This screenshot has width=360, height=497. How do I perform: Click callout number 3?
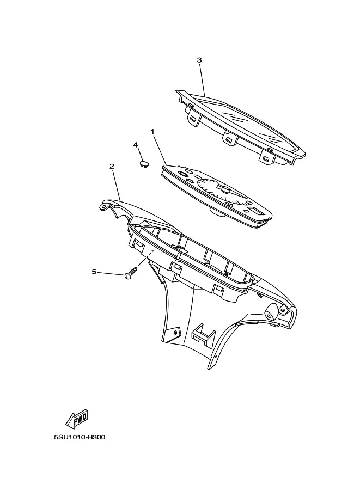[x=199, y=60]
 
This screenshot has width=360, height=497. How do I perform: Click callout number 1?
[x=152, y=131]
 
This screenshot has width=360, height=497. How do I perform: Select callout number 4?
[x=136, y=145]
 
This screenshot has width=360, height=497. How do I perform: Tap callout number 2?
[x=112, y=166]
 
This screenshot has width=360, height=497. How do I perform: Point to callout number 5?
[x=94, y=272]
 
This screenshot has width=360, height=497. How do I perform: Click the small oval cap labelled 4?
[x=144, y=164]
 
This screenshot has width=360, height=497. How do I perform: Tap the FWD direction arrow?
[x=77, y=419]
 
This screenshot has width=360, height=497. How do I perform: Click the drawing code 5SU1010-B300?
[x=80, y=438]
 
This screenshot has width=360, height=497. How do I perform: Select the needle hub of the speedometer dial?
[x=225, y=189]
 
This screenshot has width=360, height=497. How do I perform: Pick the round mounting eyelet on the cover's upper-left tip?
[x=103, y=206]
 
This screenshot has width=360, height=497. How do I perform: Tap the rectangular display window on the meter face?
[x=255, y=210]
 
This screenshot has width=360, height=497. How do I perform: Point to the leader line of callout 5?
[x=111, y=273]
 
